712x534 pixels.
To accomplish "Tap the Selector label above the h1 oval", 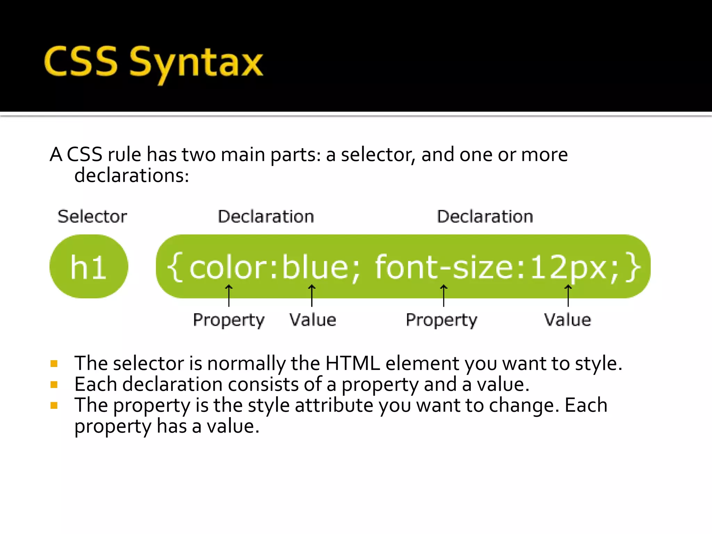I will [92, 216].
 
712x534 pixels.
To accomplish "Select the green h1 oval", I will [89, 266].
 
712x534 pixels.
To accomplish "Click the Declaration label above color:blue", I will [266, 216].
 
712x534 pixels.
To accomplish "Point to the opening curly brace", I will [175, 267].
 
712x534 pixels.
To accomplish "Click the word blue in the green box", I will [315, 267].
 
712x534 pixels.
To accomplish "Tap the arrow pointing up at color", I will [229, 296].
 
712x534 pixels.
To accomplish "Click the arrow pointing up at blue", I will [312, 296].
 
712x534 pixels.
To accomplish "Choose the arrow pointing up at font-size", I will [444, 296].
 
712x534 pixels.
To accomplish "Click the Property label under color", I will [229, 320].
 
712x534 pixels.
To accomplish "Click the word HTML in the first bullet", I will [353, 363].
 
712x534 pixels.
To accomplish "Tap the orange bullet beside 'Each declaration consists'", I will [54, 385].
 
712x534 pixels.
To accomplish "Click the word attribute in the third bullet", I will [334, 405].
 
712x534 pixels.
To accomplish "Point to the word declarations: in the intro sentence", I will [132, 175].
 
